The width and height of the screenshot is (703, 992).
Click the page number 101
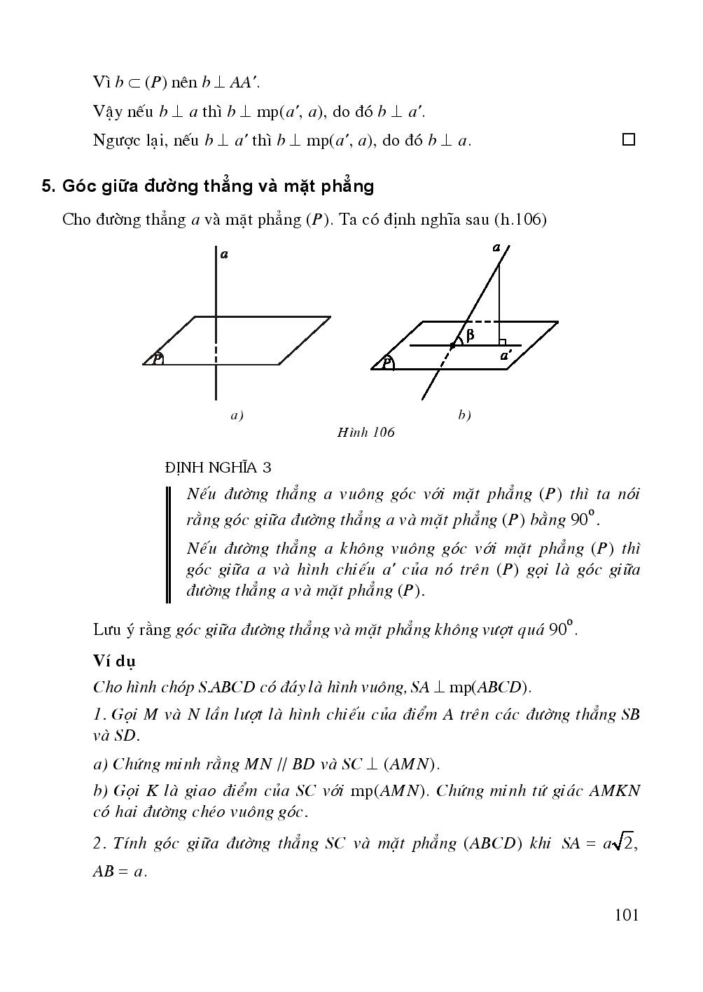pos(626,915)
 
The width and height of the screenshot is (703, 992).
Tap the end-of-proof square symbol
pos(628,139)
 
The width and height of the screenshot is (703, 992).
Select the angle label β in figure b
pos(470,335)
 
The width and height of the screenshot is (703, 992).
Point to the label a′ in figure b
pos(506,356)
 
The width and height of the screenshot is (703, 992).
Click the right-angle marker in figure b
pos(502,342)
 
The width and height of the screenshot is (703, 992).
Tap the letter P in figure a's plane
pos(158,358)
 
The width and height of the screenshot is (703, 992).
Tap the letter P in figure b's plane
pos(387,362)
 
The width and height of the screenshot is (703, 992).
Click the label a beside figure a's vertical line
pos(224,255)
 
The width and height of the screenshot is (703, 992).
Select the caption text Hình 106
pos(366,432)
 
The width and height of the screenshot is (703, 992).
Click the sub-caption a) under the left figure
pos(237,415)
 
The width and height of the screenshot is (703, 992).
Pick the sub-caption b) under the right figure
pos(464,415)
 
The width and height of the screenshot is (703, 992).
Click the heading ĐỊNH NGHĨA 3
pos(218,467)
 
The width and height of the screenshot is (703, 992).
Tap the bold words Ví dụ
pos(114,661)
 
